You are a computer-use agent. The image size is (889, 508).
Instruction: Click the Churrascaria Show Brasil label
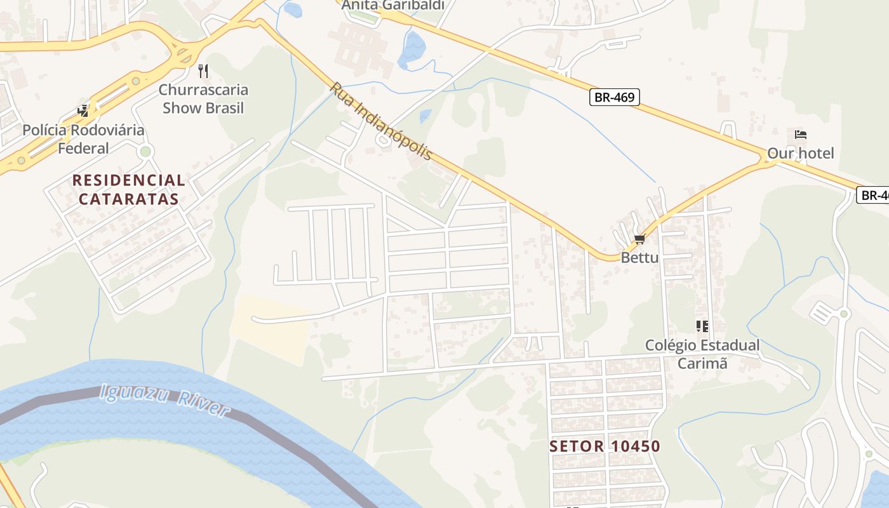203,98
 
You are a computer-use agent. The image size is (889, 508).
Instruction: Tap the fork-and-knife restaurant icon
203,70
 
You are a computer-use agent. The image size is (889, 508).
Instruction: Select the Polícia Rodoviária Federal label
83,139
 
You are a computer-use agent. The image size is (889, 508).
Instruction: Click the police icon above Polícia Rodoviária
83,110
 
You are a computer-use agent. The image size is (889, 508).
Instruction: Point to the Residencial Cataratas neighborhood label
128,189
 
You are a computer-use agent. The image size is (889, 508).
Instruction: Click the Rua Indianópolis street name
381,121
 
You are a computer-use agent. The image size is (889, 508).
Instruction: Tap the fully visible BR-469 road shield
614,97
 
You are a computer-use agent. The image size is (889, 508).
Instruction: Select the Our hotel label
800,153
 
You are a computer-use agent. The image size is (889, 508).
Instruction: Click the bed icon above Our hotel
800,135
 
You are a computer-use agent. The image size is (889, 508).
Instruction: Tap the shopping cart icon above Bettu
639,239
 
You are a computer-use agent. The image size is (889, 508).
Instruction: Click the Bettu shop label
639,257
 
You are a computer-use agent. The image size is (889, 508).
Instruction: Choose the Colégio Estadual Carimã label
702,354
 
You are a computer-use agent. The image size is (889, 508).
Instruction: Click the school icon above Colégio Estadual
702,326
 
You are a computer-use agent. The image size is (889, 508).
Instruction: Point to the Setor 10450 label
605,446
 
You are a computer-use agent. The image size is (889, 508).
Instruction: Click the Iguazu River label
164,400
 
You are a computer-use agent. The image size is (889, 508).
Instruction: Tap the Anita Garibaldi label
392,6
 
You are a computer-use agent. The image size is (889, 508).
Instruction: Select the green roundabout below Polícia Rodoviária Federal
145,151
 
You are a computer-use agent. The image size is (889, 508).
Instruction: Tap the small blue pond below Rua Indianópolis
425,116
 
